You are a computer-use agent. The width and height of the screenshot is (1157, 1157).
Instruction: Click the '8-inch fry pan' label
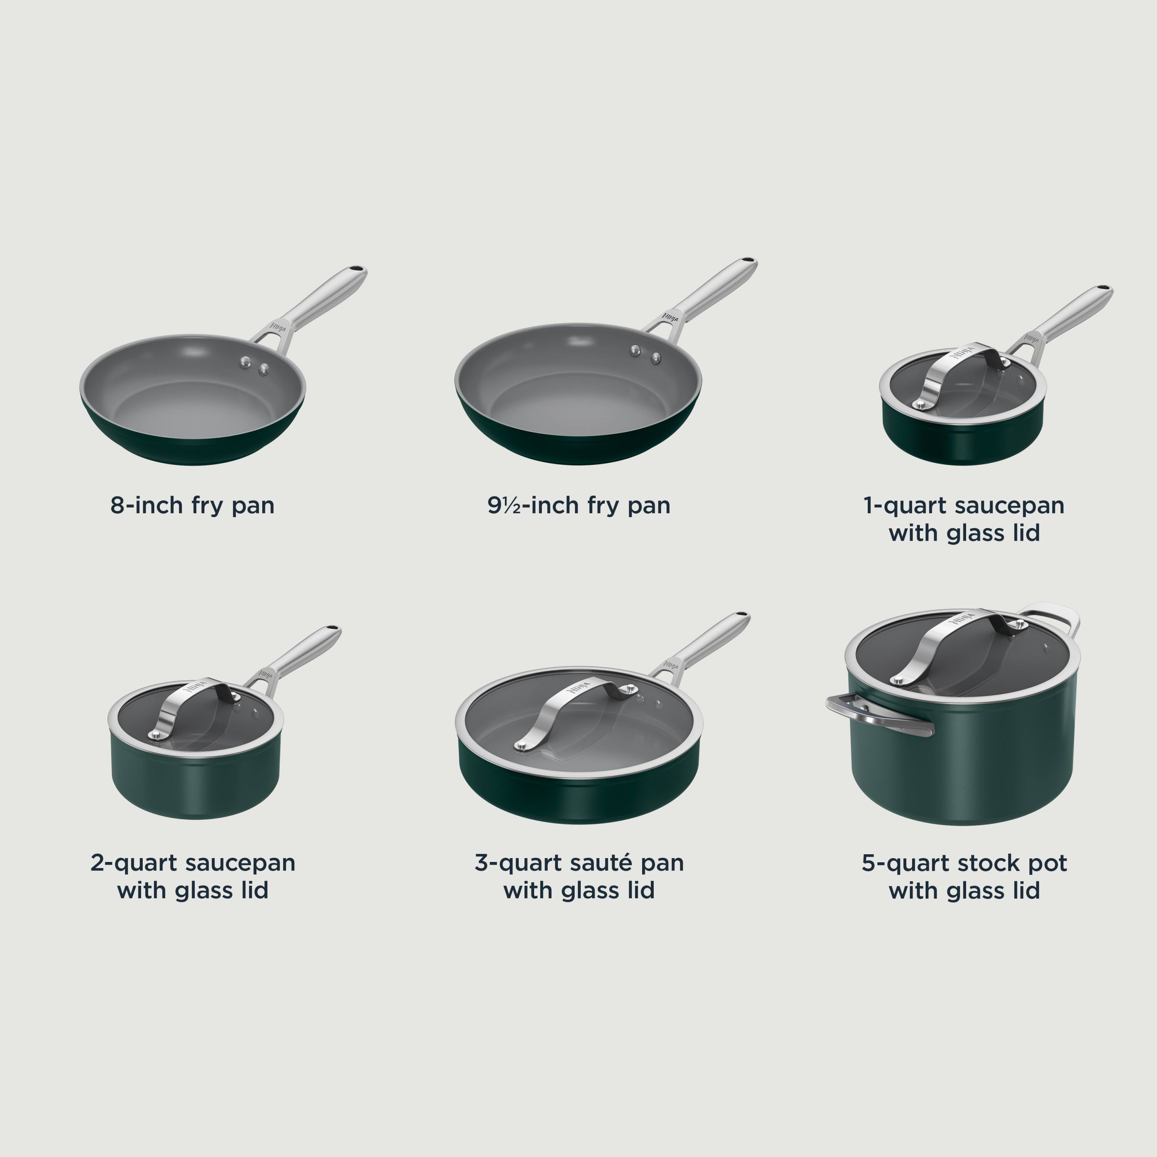click(192, 506)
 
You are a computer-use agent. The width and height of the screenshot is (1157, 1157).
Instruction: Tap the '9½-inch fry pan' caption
click(578, 506)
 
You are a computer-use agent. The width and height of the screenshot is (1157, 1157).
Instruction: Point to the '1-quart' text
click(904, 506)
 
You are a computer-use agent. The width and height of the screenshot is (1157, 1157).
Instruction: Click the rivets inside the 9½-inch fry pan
click(645, 354)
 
